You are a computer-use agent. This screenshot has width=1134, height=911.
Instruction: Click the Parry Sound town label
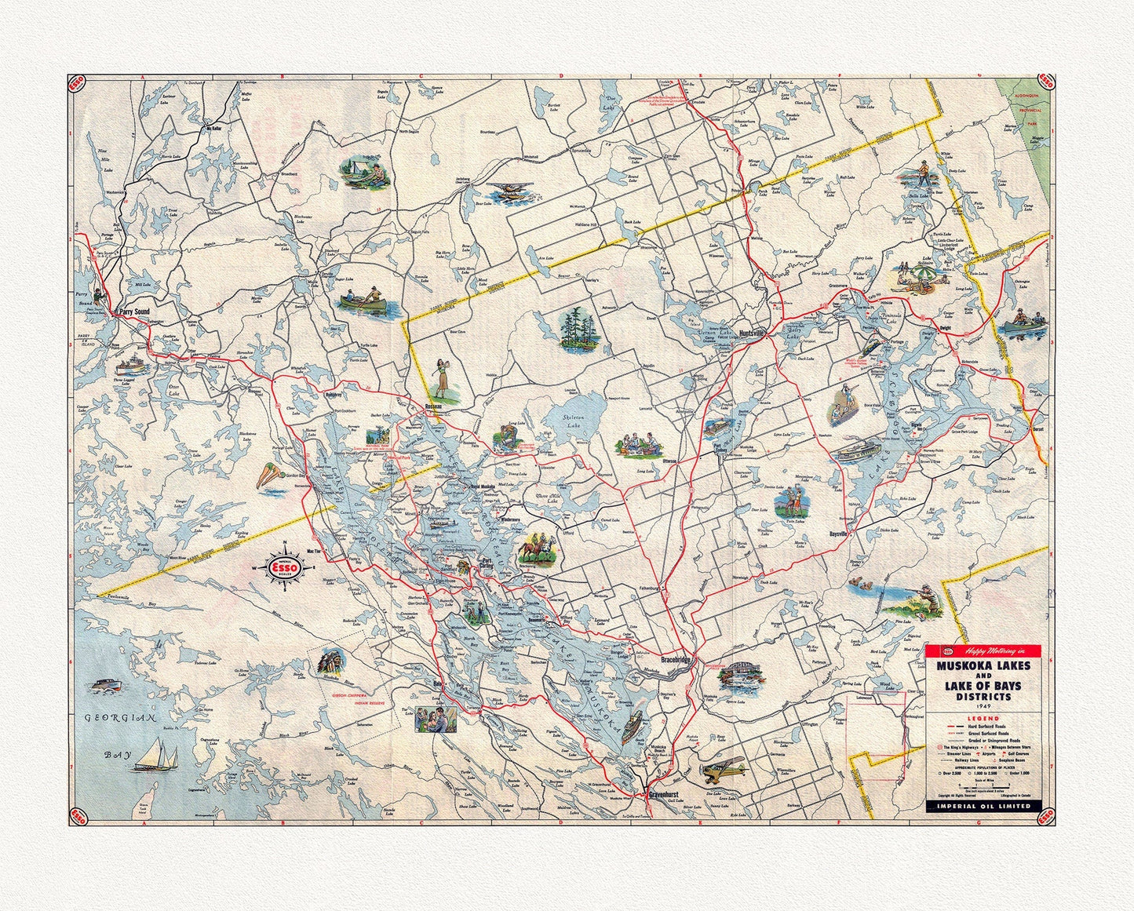pyautogui.click(x=133, y=312)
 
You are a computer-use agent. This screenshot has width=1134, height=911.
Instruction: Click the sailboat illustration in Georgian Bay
pyautogui.click(x=158, y=757)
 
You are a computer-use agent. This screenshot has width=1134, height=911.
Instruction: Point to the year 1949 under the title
pyautogui.click(x=983, y=705)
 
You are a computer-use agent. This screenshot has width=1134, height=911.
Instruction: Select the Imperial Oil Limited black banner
pyautogui.click(x=983, y=805)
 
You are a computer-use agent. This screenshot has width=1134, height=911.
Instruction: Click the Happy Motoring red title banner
pyautogui.click(x=983, y=650)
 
